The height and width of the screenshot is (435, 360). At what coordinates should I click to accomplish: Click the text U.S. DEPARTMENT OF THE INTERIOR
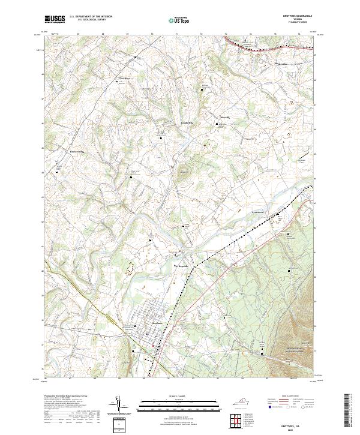coord(91,17)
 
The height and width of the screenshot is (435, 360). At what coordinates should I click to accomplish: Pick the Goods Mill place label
coord(187,122)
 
